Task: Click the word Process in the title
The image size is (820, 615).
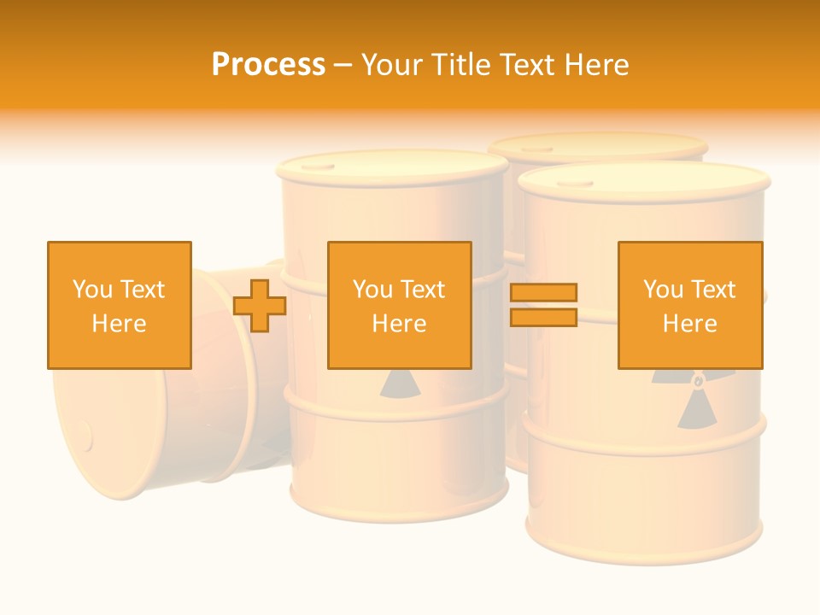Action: point(268,64)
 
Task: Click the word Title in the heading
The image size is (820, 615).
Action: point(462,64)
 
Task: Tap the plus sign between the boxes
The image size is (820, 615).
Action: point(260,305)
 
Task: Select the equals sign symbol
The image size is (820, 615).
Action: point(544,305)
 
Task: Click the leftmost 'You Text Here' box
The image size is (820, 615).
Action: point(120,305)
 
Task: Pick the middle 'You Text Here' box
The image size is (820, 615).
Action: point(400,305)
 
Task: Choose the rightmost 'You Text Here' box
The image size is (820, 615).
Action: point(690,305)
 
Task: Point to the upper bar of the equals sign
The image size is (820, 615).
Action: point(544,293)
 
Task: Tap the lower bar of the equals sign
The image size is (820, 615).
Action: point(544,317)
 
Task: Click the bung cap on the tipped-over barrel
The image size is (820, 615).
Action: point(85,436)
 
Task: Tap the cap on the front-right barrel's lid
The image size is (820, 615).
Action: point(581,182)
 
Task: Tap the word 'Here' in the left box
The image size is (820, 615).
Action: point(120,324)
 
